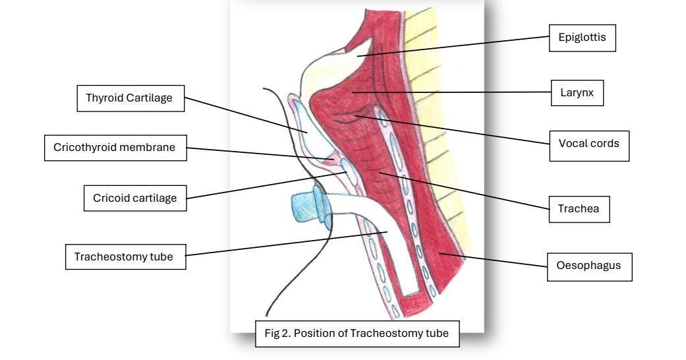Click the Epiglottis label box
click(582, 38)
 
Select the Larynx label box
click(577, 93)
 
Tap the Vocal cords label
click(588, 144)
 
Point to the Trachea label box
click(578, 209)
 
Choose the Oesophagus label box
click(589, 266)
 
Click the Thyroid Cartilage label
click(129, 98)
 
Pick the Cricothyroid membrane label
click(114, 148)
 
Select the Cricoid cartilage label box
click(134, 198)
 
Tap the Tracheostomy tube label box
click(124, 256)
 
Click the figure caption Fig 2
click(356, 334)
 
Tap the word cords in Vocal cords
click(604, 144)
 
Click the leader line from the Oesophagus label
click(494, 260)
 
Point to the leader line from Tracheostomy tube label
click(283, 243)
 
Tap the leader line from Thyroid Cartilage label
click(244, 115)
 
